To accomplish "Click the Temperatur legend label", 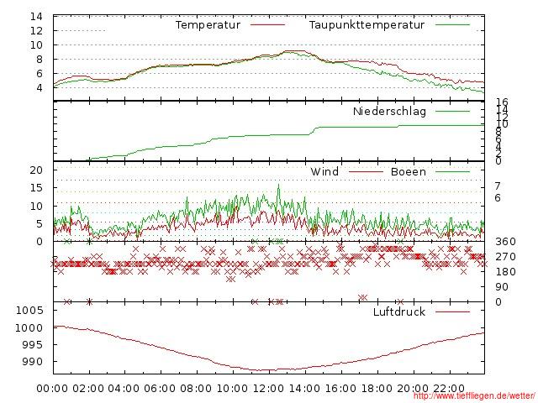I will tap(208, 25).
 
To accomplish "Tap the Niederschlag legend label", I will tap(389, 112).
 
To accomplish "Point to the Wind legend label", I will tap(324, 172).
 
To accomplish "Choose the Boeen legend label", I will tap(409, 172).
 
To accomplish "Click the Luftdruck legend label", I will tap(399, 312).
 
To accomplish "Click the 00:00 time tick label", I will tap(53, 389).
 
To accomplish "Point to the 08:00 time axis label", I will tap(197, 389).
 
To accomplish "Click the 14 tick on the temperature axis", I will tap(36, 17).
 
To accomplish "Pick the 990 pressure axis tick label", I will tap(34, 362).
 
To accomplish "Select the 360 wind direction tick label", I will tap(504, 242).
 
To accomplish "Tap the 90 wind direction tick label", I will tap(501, 287).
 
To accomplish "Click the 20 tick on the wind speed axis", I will tap(36, 170).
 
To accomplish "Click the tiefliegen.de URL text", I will tap(474, 396).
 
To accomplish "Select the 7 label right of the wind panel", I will tap(498, 186).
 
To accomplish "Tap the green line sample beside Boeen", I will tap(452, 172).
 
